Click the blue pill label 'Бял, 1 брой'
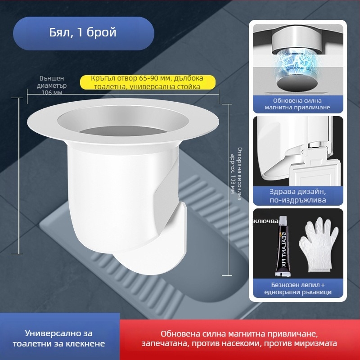[84, 33]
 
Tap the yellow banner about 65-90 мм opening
[148, 82]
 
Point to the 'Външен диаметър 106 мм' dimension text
[52, 85]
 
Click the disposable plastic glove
[318, 244]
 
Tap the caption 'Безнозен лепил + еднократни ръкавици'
[298, 288]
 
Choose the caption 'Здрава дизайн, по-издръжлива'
[298, 196]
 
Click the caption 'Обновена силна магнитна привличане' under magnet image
[297, 104]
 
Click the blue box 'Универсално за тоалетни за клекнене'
[59, 338]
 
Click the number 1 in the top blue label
[80, 32]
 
